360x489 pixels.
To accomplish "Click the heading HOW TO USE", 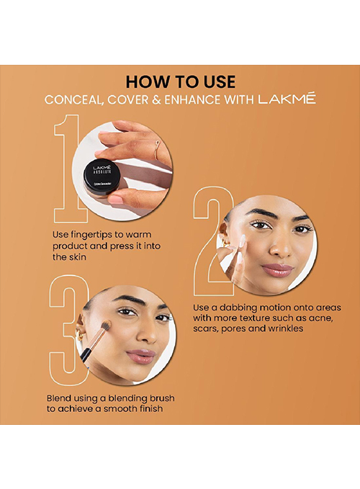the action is point(181,81).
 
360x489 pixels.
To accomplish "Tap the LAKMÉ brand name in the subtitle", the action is point(287,99).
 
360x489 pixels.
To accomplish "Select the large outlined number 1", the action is point(71,169).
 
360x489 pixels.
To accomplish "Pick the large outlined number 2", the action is point(214,241).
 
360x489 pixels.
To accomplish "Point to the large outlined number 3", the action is point(69,330).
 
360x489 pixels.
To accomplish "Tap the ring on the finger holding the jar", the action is point(158,147).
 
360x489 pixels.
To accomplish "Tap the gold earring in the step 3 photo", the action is point(80,336).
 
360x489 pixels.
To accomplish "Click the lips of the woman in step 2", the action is point(276,270).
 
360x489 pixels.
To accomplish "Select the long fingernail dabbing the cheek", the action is point(242,241).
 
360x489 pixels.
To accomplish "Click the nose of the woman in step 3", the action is point(145,333).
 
